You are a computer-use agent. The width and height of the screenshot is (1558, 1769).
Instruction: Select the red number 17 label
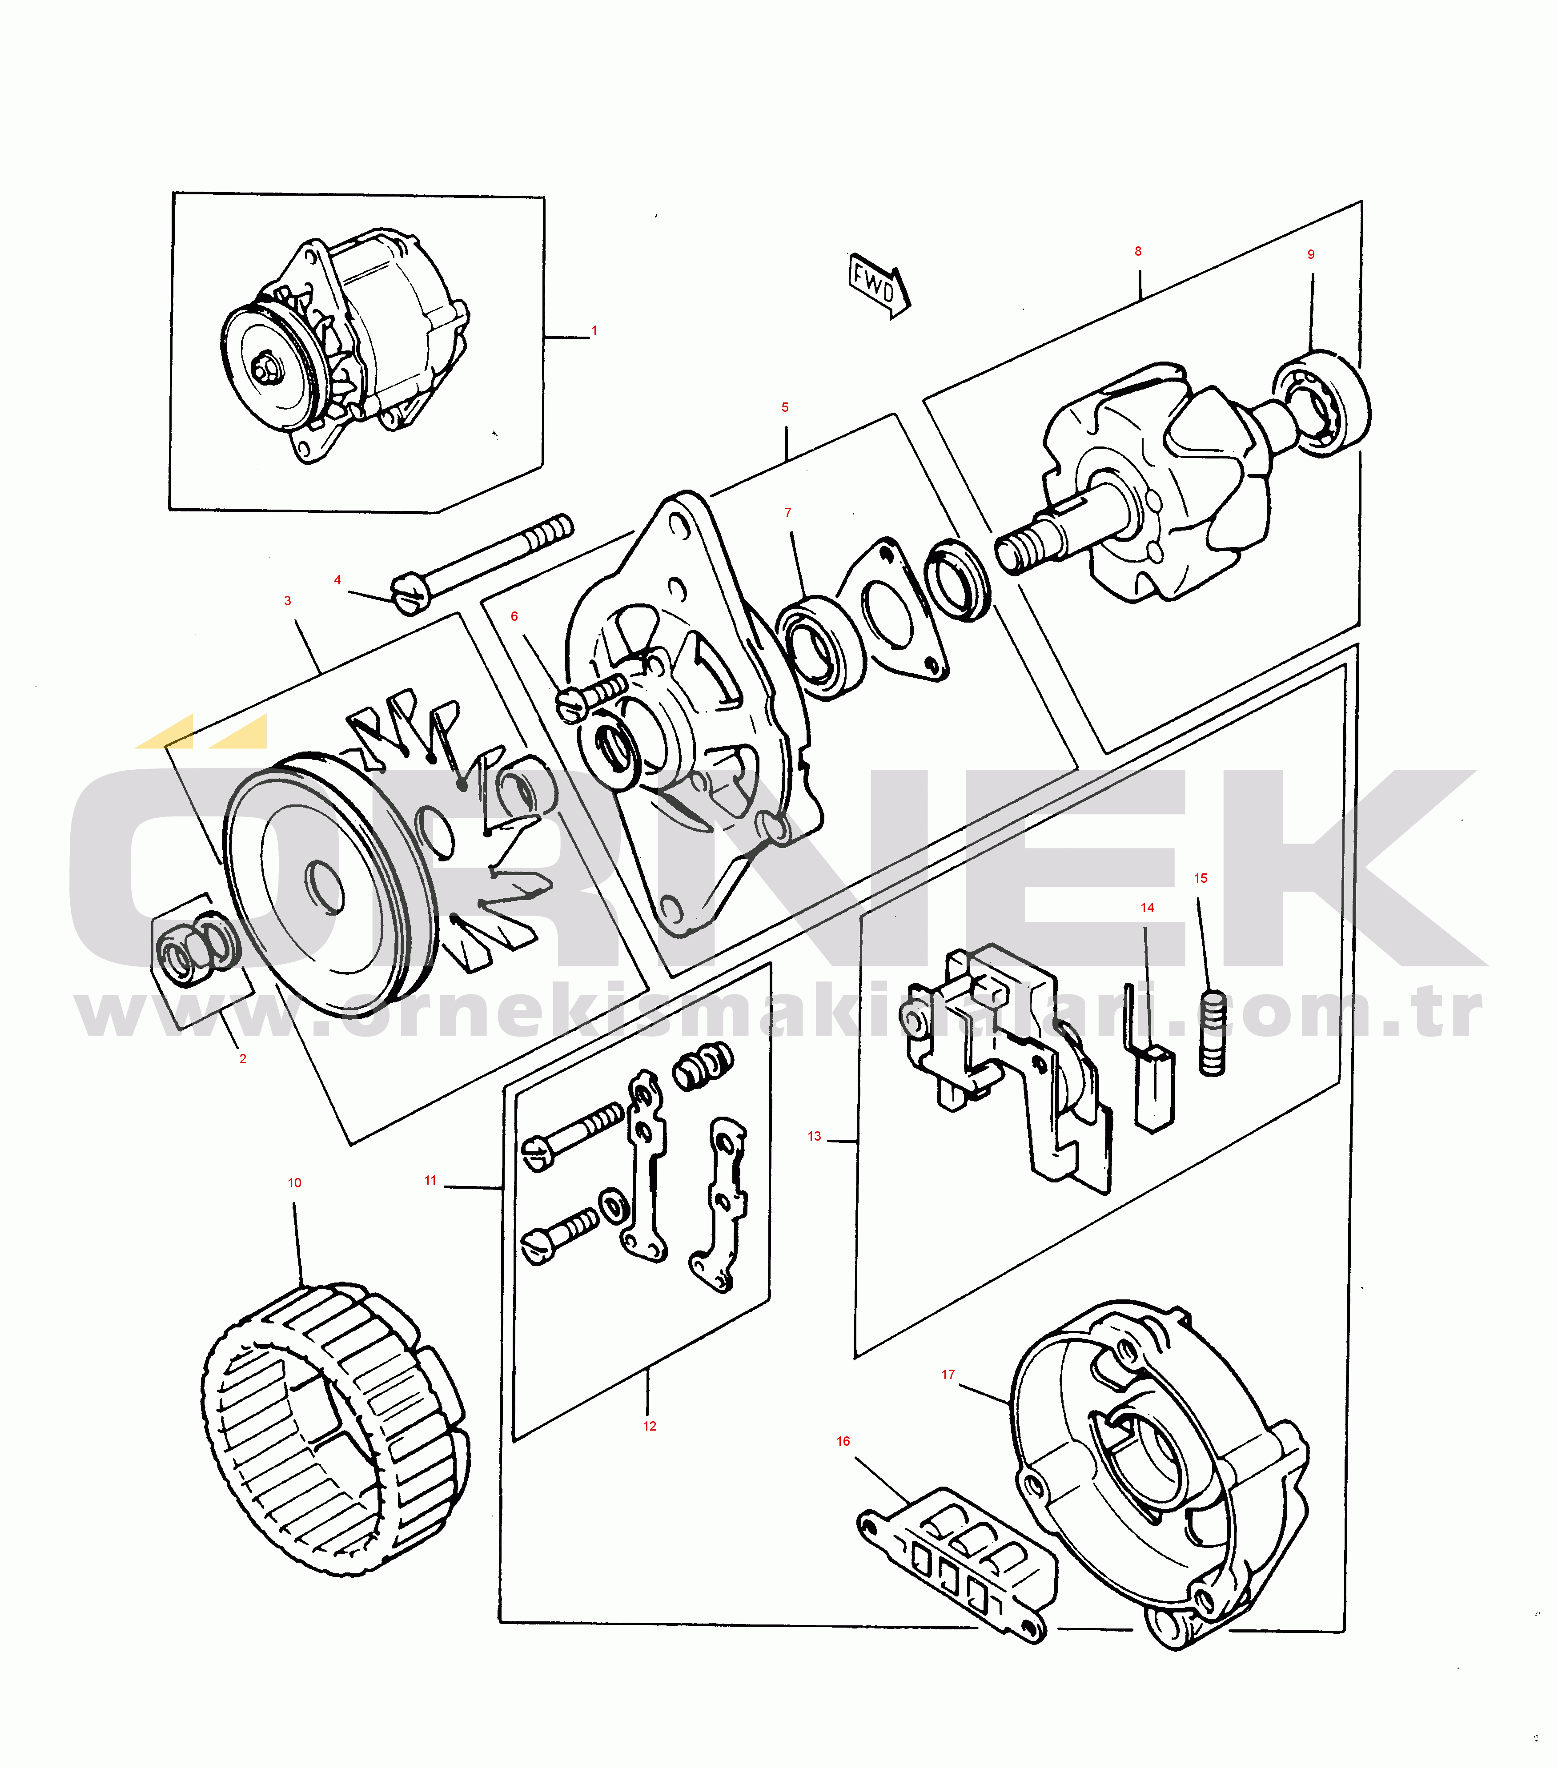(948, 1375)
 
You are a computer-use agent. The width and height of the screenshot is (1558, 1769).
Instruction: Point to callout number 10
(294, 1183)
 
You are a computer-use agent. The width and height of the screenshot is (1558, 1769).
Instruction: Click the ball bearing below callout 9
(1322, 403)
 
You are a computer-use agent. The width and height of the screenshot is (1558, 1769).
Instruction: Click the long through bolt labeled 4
(482, 563)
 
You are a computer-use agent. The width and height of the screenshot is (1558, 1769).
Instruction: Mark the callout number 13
(814, 1136)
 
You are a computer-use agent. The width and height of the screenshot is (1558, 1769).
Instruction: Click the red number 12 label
(649, 1426)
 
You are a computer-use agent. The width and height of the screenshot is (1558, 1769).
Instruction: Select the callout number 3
(287, 601)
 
